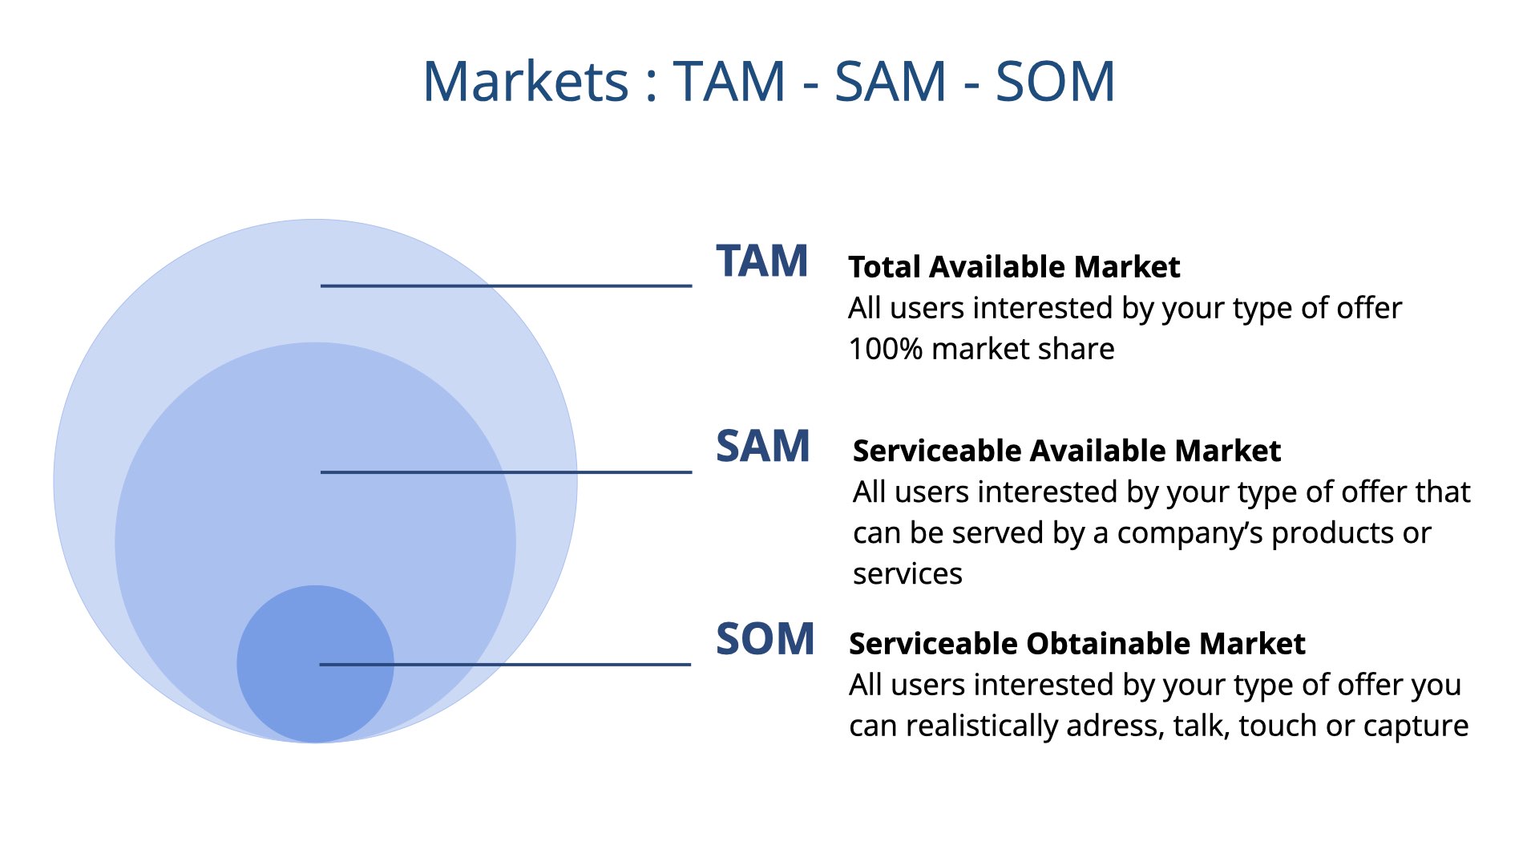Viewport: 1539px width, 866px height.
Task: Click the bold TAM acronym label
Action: click(761, 261)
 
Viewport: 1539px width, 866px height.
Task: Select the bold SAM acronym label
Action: click(762, 446)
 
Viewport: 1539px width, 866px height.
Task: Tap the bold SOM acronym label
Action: click(765, 639)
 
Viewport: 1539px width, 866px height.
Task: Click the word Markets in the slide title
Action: click(526, 81)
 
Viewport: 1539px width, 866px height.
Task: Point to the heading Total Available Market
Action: click(1014, 267)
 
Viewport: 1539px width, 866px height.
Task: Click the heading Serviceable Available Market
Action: click(1067, 451)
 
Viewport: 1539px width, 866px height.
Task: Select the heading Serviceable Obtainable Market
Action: click(1077, 644)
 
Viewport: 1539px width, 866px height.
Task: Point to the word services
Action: click(907, 574)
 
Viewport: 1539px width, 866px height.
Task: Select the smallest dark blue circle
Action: click(315, 664)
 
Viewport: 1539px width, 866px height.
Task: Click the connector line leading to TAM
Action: click(506, 285)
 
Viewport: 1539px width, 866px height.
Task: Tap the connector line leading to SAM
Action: click(506, 472)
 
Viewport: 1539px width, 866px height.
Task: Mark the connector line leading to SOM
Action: click(505, 665)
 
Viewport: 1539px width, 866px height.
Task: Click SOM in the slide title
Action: click(1055, 81)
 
